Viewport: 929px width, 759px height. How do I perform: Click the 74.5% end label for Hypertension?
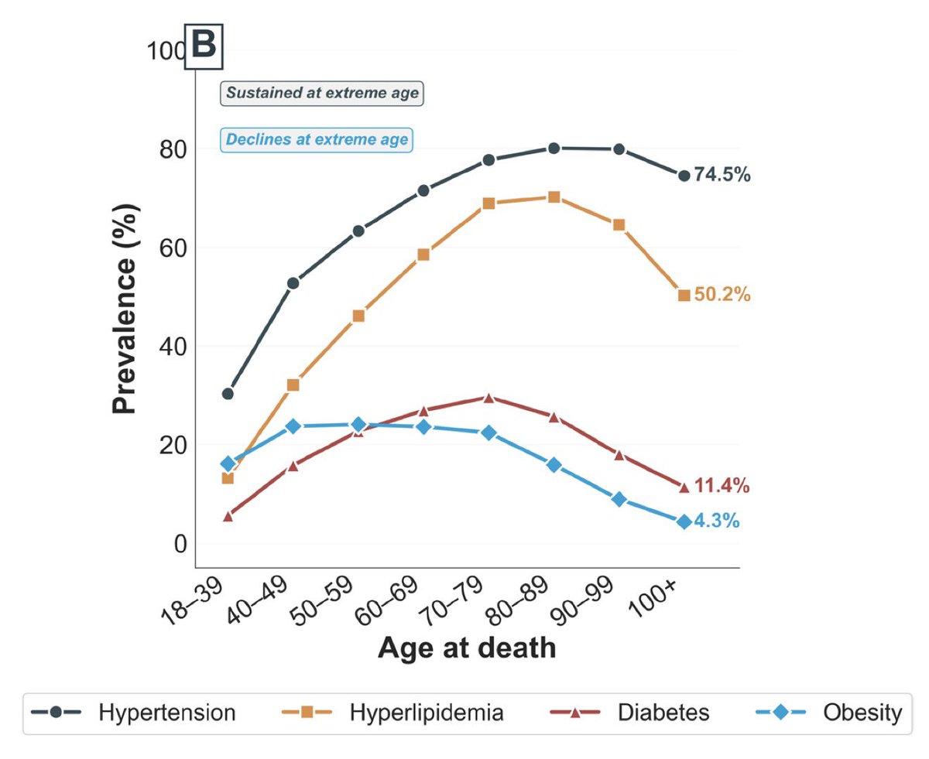coord(722,175)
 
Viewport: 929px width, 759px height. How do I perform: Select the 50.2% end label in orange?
coord(722,294)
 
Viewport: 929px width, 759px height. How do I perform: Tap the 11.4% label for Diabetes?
coord(722,486)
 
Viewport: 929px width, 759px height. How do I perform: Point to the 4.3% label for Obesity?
coord(717,521)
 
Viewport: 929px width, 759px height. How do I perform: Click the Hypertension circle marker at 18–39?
coord(228,394)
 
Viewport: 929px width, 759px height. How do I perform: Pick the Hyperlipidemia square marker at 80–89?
coord(554,197)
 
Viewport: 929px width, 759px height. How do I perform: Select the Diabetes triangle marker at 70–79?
coord(488,398)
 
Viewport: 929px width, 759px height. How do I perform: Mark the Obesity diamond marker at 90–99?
coord(619,499)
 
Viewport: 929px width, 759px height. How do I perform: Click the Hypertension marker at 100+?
coord(684,176)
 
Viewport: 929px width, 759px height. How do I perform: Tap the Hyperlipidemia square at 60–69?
coord(423,255)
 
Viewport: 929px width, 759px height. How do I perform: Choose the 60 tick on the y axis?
coord(173,248)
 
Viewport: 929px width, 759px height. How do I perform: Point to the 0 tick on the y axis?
coord(180,544)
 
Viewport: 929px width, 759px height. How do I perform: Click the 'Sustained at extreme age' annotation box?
coord(322,94)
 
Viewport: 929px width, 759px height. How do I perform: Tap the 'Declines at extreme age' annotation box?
coord(317,140)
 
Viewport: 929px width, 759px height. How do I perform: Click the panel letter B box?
coord(204,46)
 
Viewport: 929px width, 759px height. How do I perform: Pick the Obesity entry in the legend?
coord(829,712)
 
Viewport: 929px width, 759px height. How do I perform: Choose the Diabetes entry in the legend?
coord(630,712)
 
